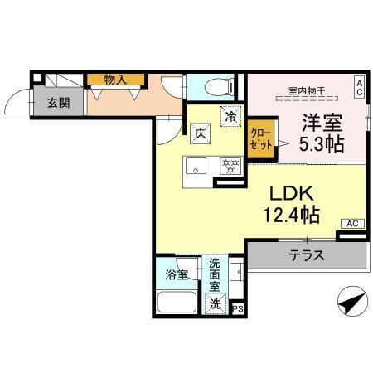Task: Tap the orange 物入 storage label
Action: click(115, 80)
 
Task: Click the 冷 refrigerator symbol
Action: click(230, 118)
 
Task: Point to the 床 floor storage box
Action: click(200, 133)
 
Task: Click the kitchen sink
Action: click(196, 163)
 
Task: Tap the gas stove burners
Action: click(228, 164)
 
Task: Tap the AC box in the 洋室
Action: click(360, 87)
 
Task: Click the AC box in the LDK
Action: click(351, 224)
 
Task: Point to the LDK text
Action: click(288, 192)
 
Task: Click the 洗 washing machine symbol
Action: click(215, 303)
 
